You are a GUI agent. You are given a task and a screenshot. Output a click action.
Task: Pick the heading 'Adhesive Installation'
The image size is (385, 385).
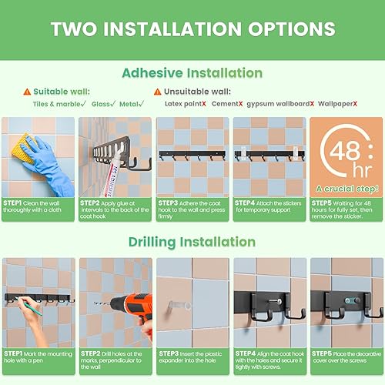point(192,73)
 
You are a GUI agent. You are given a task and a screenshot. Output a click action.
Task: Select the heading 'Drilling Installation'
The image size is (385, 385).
point(192,242)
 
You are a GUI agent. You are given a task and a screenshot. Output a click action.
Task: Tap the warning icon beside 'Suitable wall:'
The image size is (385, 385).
point(28,91)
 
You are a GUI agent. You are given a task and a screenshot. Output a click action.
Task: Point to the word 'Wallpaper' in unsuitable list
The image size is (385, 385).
point(336,103)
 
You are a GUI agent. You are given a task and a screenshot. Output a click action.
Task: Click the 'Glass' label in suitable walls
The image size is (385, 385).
point(102,103)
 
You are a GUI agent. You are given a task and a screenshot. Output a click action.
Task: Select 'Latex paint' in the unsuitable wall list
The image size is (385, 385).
point(182,103)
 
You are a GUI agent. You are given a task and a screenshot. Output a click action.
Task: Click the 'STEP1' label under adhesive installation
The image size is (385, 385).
point(15,203)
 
